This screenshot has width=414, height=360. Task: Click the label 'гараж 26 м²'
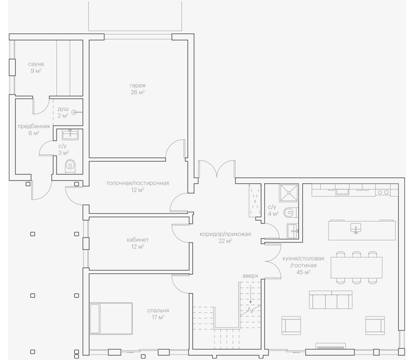(137, 89)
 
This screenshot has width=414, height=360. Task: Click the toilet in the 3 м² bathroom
(70, 166)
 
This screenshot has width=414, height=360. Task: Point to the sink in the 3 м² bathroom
(70, 134)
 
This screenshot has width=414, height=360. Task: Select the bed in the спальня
(111, 318)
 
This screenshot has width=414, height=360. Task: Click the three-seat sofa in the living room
(330, 300)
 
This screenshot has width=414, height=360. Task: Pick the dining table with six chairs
(356, 267)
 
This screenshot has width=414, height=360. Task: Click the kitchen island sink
(356, 228)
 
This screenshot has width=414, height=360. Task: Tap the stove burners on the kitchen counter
(383, 192)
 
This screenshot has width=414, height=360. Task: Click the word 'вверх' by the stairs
(250, 276)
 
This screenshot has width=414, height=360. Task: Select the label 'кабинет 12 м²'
(138, 243)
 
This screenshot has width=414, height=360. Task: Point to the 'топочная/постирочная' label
(138, 183)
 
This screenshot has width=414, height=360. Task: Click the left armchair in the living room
(291, 325)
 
